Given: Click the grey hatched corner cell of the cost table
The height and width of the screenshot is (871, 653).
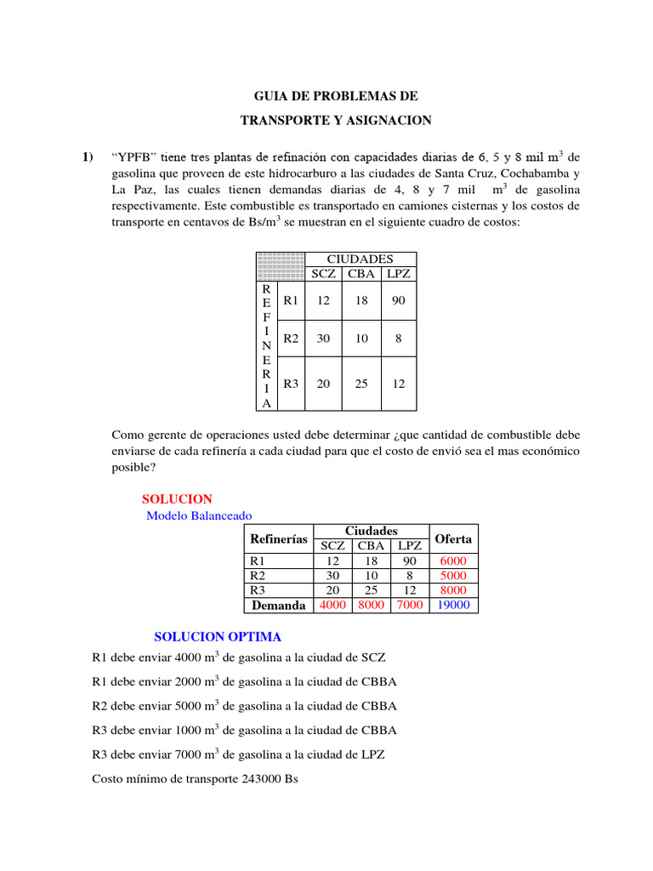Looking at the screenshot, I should pyautogui.click(x=280, y=266).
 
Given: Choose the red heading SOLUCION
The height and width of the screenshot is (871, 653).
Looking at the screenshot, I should pyautogui.click(x=177, y=499).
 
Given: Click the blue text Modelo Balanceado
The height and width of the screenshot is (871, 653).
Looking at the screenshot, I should pyautogui.click(x=199, y=515).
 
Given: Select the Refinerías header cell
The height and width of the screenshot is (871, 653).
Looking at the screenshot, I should pyautogui.click(x=278, y=539).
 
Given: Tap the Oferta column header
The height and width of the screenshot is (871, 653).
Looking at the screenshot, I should pyautogui.click(x=453, y=539).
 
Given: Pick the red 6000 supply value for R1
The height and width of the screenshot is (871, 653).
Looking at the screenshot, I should pyautogui.click(x=453, y=561).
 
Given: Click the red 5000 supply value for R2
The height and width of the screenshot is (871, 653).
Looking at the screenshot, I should pyautogui.click(x=453, y=576).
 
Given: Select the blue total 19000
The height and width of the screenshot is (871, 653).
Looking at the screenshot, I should pyautogui.click(x=453, y=606).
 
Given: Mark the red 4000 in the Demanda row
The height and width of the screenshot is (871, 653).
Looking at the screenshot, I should pyautogui.click(x=332, y=606).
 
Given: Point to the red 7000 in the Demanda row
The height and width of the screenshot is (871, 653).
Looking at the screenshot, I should pyautogui.click(x=410, y=606).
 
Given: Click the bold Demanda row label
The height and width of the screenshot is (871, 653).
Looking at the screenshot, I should pyautogui.click(x=278, y=606).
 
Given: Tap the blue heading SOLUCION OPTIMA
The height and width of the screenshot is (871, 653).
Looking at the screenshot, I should pyautogui.click(x=217, y=636).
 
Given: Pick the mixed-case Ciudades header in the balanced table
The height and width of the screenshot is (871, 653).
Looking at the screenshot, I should pyautogui.click(x=371, y=531).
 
